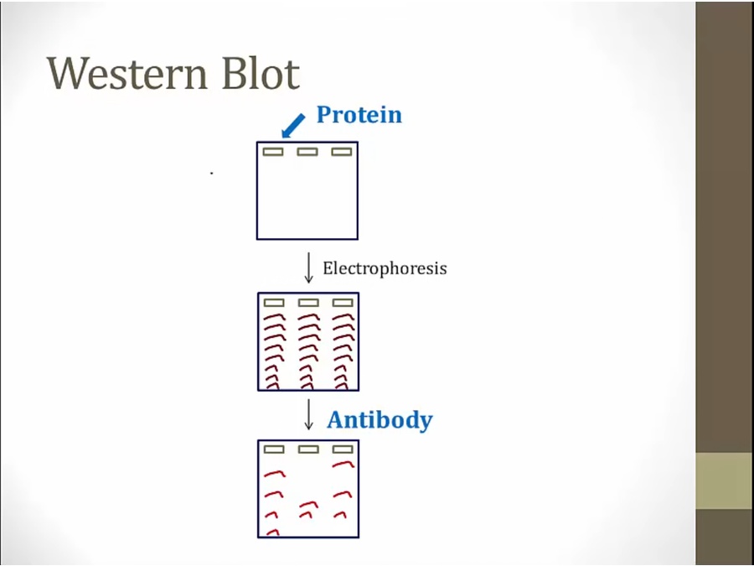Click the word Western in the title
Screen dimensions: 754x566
click(127, 74)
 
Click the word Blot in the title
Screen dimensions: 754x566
click(261, 73)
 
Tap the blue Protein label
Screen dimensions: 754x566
click(359, 115)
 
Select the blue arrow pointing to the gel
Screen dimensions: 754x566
click(293, 126)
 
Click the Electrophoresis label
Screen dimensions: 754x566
click(385, 268)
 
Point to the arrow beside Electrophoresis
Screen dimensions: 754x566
click(308, 267)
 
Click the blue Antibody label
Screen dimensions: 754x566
click(380, 420)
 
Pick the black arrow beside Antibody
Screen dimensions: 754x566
click(308, 414)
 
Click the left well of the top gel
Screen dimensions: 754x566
click(273, 152)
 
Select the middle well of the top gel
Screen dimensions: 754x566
click(307, 152)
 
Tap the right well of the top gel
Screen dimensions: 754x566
click(342, 152)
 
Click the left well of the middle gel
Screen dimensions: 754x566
click(274, 303)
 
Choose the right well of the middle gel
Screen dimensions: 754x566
click(343, 303)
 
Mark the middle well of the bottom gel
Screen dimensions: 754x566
click(308, 449)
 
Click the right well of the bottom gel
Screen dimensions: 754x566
click(343, 449)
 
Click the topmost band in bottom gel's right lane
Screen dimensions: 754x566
click(343, 464)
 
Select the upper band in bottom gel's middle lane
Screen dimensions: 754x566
click(308, 505)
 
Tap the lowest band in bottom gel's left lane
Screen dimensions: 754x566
click(272, 532)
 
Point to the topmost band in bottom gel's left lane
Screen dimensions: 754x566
click(274, 474)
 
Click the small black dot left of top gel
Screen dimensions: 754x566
click(212, 173)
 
